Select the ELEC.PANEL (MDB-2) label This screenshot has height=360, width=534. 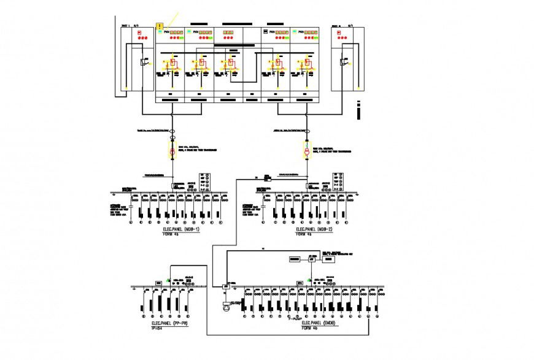[314, 229]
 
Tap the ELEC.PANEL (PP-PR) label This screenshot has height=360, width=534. [169, 323]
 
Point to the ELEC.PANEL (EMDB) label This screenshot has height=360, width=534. [319, 323]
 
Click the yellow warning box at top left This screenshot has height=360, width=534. [160, 26]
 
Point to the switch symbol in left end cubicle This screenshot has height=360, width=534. [142, 61]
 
